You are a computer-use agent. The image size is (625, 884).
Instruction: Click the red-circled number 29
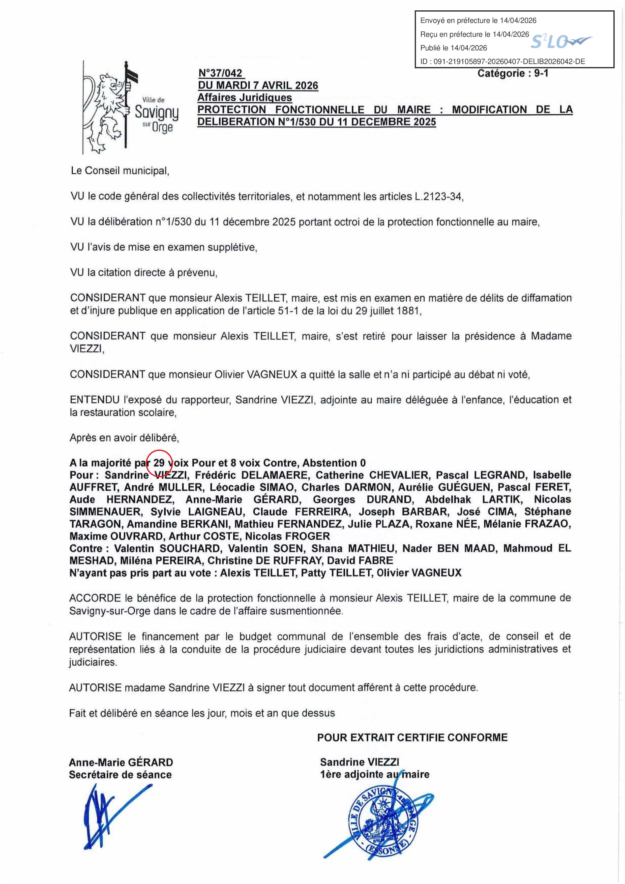coord(159,463)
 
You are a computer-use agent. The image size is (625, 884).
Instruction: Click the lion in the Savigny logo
coord(105,110)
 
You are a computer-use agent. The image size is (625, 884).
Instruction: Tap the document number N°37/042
coord(220,73)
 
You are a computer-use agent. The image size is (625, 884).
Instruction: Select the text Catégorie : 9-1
coord(513,73)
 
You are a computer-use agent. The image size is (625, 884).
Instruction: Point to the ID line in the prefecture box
coord(502,61)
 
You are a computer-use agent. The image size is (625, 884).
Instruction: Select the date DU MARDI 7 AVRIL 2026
coord(258,85)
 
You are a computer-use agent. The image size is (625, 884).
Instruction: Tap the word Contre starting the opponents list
coord(85,548)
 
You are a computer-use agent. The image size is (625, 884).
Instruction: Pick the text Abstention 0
coord(334,463)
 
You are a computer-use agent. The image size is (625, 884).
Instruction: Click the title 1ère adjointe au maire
coord(374,774)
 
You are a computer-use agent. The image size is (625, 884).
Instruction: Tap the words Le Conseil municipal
coord(120,171)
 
